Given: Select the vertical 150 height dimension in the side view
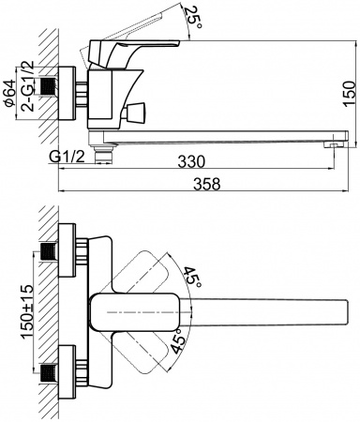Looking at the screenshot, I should tap(348, 91).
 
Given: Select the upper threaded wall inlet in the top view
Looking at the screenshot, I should tap(48, 251).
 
